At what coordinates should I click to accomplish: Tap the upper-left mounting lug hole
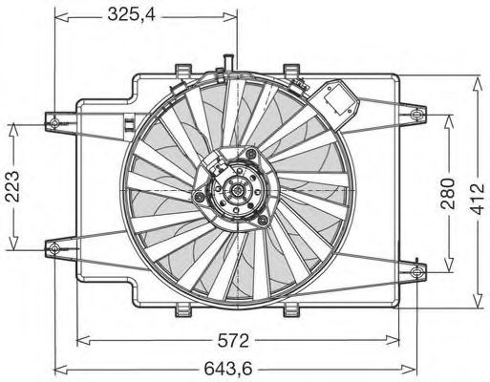(53, 121)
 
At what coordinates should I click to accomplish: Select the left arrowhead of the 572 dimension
(81, 338)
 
